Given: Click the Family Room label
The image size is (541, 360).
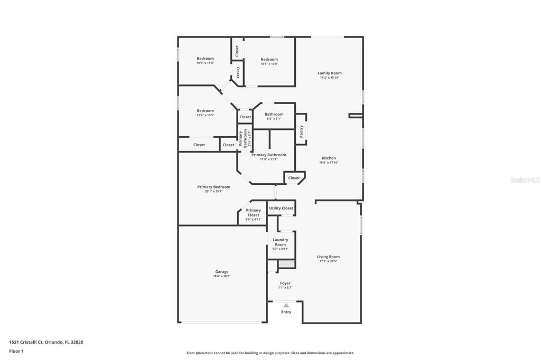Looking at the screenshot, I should [329, 73].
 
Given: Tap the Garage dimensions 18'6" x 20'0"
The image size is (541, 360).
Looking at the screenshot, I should [222, 276].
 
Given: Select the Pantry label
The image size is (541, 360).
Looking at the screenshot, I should [301, 131].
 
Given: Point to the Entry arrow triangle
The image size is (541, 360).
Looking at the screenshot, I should [286, 305].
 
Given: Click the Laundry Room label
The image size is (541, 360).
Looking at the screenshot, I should [280, 242].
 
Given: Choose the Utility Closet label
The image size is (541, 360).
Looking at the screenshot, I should [281, 208].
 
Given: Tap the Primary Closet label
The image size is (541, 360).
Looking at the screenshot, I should [254, 212].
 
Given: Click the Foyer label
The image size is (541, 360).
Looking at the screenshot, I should [285, 283].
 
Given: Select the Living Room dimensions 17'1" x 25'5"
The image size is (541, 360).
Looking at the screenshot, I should [328, 261].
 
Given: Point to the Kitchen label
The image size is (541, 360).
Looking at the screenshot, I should [329, 158].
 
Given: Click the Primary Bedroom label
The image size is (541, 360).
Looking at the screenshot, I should [213, 187].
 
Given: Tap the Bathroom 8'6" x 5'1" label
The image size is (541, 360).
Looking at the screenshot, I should [274, 114].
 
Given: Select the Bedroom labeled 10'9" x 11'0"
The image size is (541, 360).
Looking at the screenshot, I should [205, 59].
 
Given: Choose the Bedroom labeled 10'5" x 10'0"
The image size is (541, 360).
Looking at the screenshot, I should [269, 60].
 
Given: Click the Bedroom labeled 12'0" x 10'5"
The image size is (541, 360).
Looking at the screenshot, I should [205, 111].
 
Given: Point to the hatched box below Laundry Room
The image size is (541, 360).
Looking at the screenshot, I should [286, 263].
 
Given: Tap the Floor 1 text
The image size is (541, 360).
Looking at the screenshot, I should [16, 351].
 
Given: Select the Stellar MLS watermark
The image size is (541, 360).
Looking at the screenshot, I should [525, 180].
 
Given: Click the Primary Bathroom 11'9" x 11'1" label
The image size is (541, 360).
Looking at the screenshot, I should [268, 155].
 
